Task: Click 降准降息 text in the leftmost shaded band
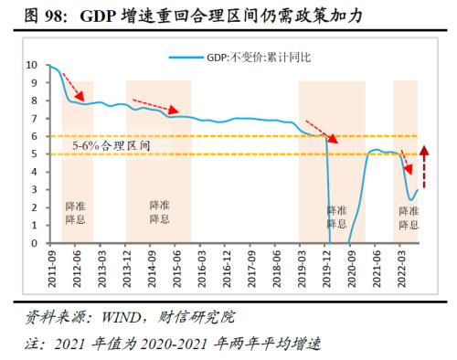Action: [x=76, y=212]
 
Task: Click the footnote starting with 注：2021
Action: [x=169, y=343]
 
